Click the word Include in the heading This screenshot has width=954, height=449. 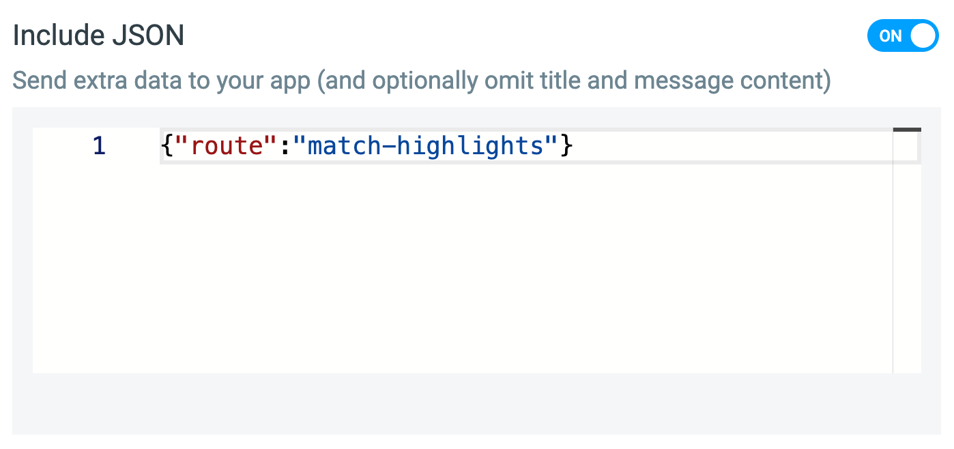[x=59, y=35]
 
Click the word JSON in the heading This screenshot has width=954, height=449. [x=148, y=35]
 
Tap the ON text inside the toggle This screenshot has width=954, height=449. [x=891, y=36]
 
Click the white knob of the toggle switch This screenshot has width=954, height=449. [x=923, y=35]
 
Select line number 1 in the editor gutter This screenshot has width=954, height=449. [x=99, y=146]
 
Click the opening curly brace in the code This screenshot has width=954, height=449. [x=167, y=146]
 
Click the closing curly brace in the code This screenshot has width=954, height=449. [x=566, y=146]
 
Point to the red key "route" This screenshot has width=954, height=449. [x=226, y=146]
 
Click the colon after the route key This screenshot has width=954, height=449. [x=285, y=147]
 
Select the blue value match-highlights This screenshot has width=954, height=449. [x=425, y=146]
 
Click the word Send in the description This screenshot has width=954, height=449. [x=40, y=80]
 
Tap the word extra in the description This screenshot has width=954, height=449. [x=100, y=81]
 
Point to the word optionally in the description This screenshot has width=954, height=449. [x=425, y=81]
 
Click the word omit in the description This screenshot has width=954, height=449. [x=508, y=80]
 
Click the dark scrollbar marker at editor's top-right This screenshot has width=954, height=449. [x=907, y=130]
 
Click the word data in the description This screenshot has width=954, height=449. [x=158, y=80]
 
